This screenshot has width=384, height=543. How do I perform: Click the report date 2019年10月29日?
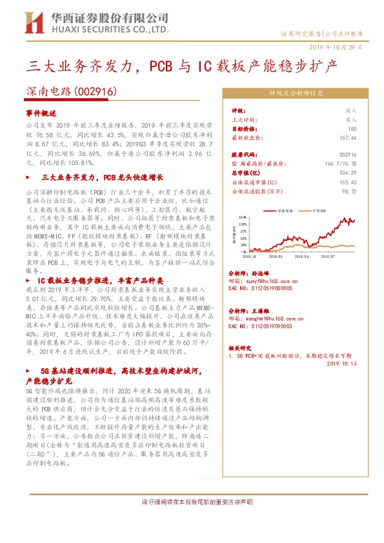(340, 48)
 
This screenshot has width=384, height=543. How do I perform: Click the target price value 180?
(352, 128)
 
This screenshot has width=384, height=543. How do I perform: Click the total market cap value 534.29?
(348, 173)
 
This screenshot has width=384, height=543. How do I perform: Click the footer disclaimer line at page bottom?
(192, 502)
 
